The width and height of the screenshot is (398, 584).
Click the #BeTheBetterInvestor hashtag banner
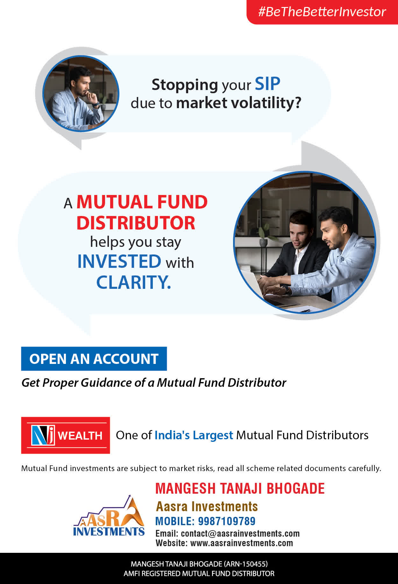322,12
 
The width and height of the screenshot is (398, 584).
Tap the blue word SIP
267,84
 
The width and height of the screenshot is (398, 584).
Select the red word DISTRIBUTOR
136,223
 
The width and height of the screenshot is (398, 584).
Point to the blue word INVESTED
119,261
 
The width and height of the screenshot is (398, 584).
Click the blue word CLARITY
133,282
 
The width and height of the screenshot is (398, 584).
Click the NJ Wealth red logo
66,435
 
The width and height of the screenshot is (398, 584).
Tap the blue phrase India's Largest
194,435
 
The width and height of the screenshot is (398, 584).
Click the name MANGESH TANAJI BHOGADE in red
240,489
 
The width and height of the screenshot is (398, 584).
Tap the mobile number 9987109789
227,521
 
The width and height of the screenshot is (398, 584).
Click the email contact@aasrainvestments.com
240,533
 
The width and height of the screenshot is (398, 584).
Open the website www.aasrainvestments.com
242,543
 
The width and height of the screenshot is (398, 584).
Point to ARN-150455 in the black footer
245,564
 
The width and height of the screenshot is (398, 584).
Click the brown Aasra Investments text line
207,506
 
